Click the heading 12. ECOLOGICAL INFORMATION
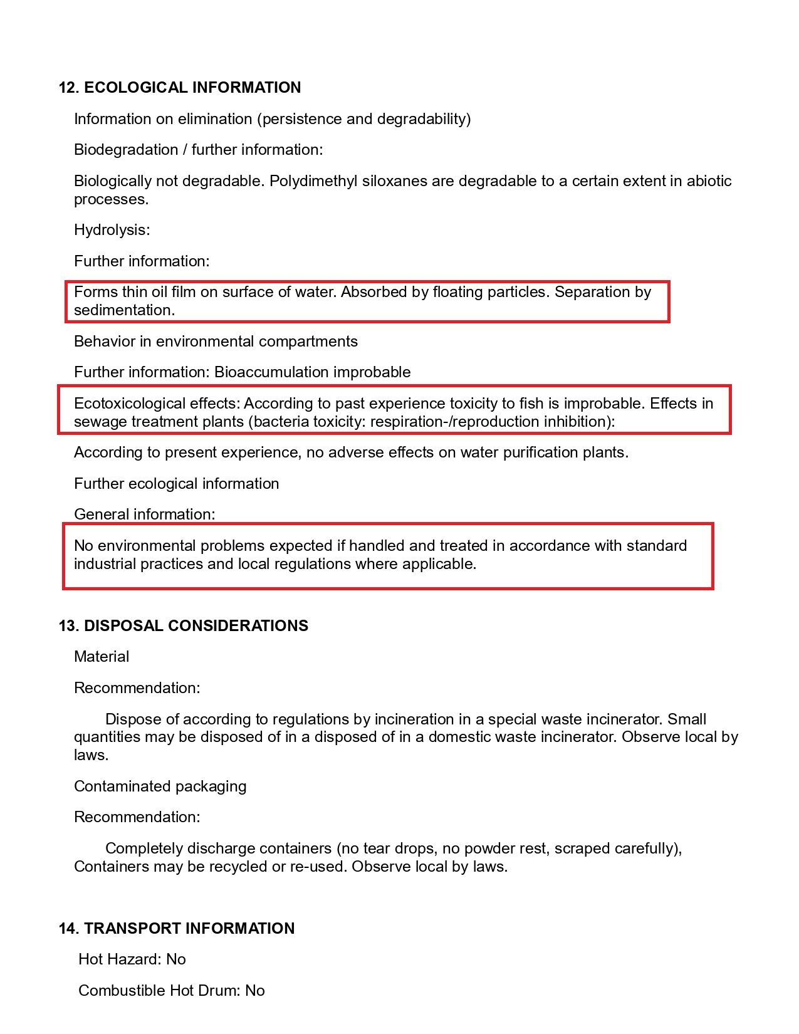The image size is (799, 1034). coord(180,87)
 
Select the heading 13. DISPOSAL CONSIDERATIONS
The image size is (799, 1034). coord(184,625)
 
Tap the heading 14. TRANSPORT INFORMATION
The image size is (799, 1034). coord(177,928)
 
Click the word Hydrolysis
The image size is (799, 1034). coord(110,230)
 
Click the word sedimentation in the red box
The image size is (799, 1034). coord(123,310)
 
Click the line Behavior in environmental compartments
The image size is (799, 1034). coord(216,342)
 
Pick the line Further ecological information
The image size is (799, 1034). coord(176,484)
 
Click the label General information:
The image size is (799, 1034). coord(144,514)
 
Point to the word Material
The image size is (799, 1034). coord(102,657)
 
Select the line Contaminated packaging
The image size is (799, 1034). coord(160,786)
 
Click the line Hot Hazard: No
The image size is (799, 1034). coord(132,959)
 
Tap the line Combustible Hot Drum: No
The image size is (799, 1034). coord(172,991)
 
